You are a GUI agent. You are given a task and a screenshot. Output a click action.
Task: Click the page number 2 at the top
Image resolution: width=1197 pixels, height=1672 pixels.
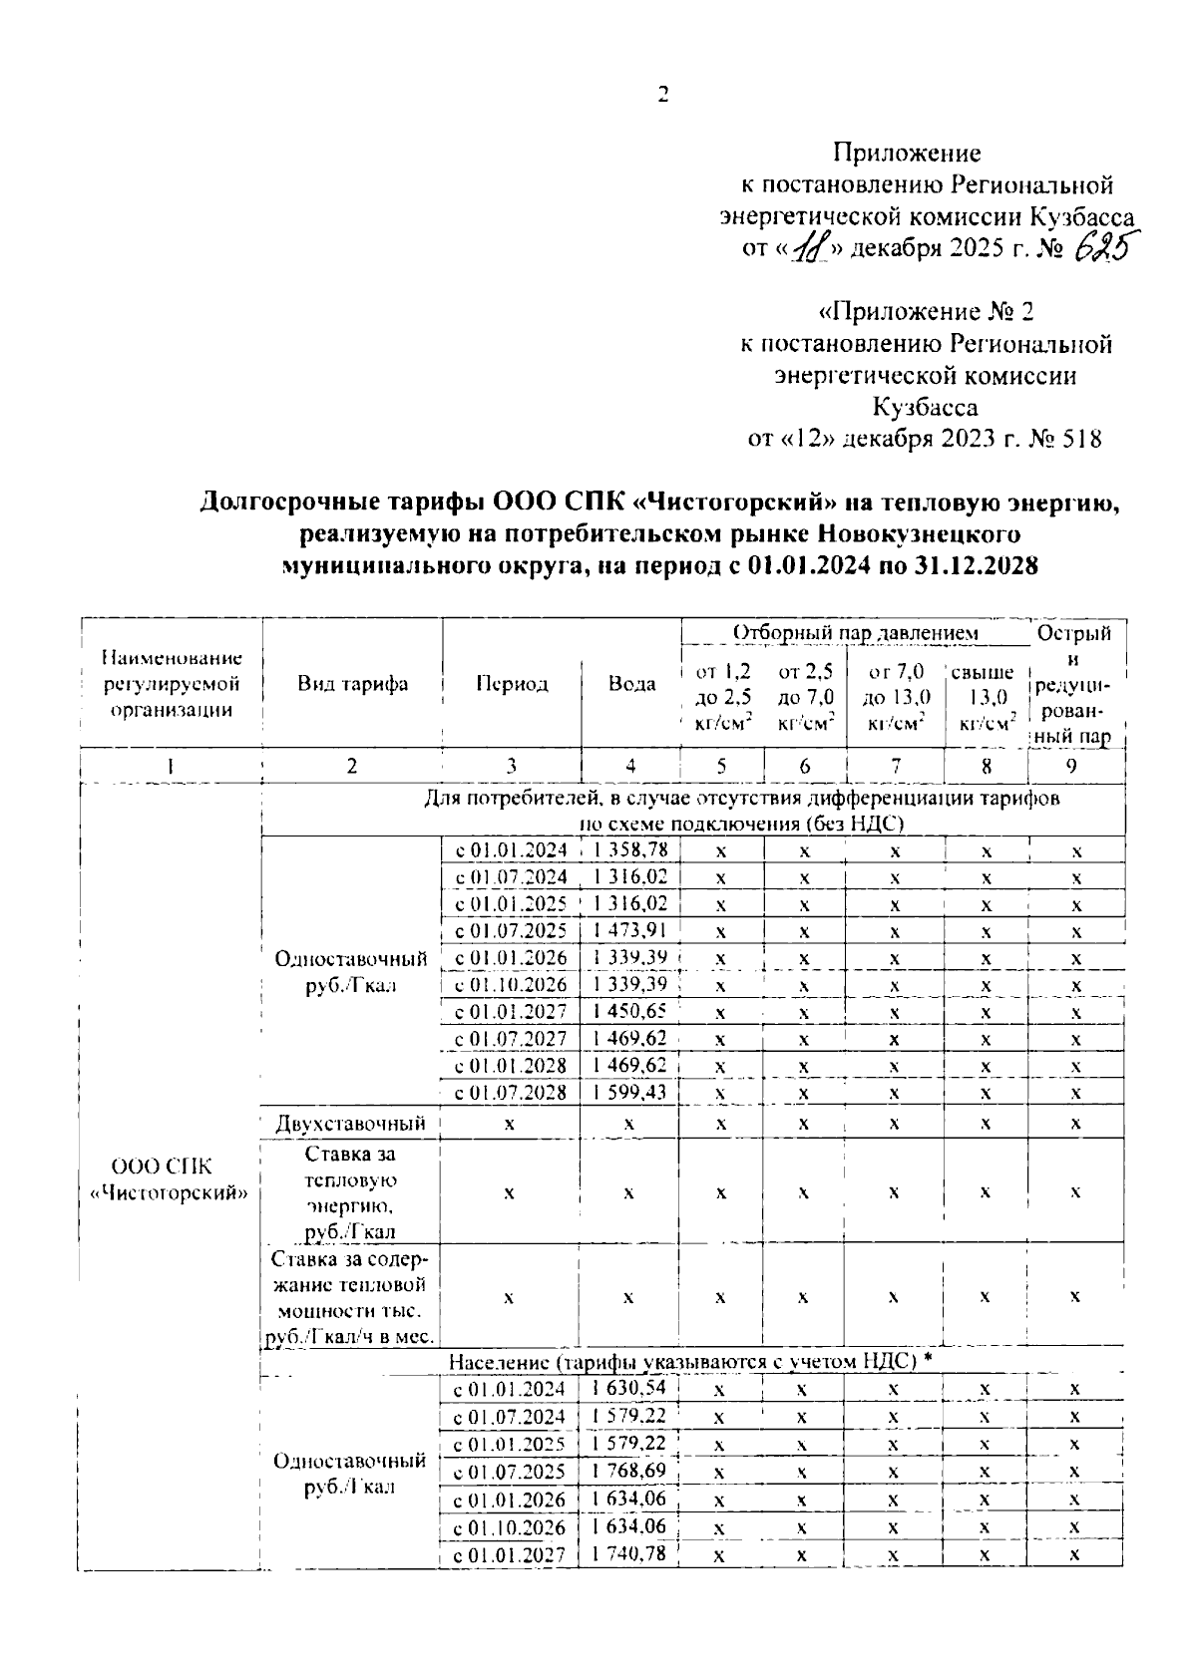[661, 96]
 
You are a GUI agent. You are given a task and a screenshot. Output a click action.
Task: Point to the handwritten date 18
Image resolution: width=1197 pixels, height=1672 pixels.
[802, 246]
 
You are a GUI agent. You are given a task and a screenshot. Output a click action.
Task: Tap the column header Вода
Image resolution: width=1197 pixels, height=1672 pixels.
[631, 683]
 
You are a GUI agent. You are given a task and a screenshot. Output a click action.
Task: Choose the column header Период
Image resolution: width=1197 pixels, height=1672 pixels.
[511, 683]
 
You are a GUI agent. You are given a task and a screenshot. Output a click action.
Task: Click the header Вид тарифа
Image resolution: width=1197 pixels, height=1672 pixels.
[351, 683]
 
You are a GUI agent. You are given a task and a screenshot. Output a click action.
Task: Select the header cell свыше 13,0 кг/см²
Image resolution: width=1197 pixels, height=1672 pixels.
[986, 698]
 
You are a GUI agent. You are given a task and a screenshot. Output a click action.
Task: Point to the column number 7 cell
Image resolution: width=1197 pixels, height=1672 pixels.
[895, 766]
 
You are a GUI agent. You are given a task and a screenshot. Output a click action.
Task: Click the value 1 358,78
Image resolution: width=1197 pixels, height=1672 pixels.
[629, 849]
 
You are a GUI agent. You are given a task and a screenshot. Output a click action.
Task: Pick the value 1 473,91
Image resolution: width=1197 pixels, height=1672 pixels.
[629, 930]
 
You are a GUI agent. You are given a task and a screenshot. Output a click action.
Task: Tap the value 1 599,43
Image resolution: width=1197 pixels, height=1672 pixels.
[629, 1092]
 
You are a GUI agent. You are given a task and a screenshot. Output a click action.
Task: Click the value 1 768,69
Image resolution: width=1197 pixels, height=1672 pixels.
[629, 1471]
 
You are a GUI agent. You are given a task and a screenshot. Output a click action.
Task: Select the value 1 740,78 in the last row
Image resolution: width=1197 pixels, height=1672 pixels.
[629, 1552]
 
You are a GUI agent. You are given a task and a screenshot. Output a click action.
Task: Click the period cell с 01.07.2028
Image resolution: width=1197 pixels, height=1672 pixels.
[511, 1093]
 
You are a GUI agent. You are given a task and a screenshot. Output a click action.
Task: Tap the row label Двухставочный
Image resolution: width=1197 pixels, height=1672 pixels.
[351, 1124]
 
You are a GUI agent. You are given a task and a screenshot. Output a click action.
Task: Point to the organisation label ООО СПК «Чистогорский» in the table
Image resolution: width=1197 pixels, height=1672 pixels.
[170, 1179]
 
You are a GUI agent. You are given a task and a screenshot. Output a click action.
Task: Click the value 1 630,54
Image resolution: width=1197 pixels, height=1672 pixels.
[629, 1388]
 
